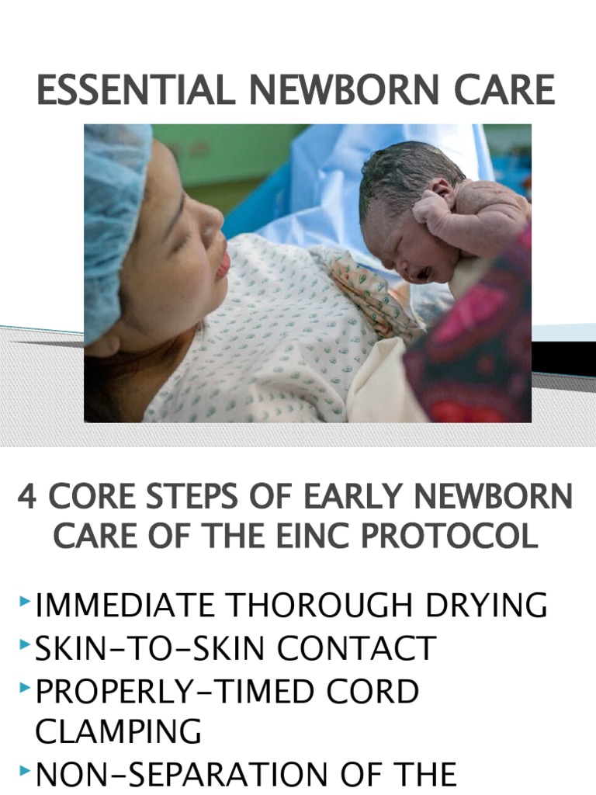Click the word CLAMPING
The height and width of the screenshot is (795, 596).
pos(119,731)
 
